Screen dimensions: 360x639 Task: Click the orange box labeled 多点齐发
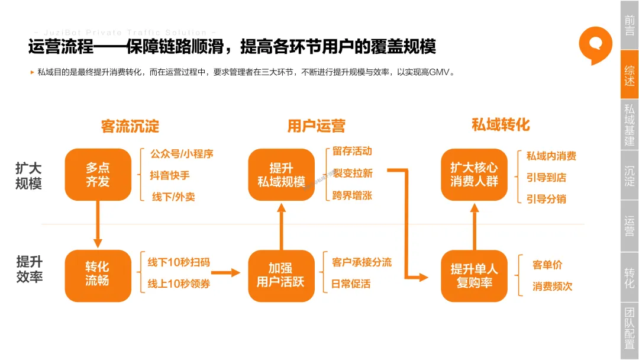click(x=98, y=175)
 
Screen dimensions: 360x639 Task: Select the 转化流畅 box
click(x=98, y=274)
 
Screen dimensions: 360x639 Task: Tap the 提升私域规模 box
click(x=281, y=175)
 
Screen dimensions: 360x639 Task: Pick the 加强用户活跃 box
click(x=281, y=275)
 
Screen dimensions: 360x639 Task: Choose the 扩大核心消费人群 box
click(x=474, y=175)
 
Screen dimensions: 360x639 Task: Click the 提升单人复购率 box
click(x=474, y=276)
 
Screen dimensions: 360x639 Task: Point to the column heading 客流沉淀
click(x=130, y=126)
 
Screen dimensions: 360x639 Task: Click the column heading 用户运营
click(x=316, y=126)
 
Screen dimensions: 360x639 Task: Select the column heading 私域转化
click(x=501, y=124)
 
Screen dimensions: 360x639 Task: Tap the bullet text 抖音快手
click(x=170, y=175)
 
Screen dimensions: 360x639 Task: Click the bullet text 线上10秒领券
click(x=179, y=284)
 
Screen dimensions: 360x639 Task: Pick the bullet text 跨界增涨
click(x=352, y=195)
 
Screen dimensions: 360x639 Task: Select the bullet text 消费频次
click(x=553, y=287)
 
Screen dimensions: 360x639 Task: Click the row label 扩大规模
click(x=28, y=176)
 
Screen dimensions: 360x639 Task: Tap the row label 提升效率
click(x=29, y=269)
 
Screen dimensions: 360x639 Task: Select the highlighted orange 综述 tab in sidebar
click(x=629, y=75)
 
